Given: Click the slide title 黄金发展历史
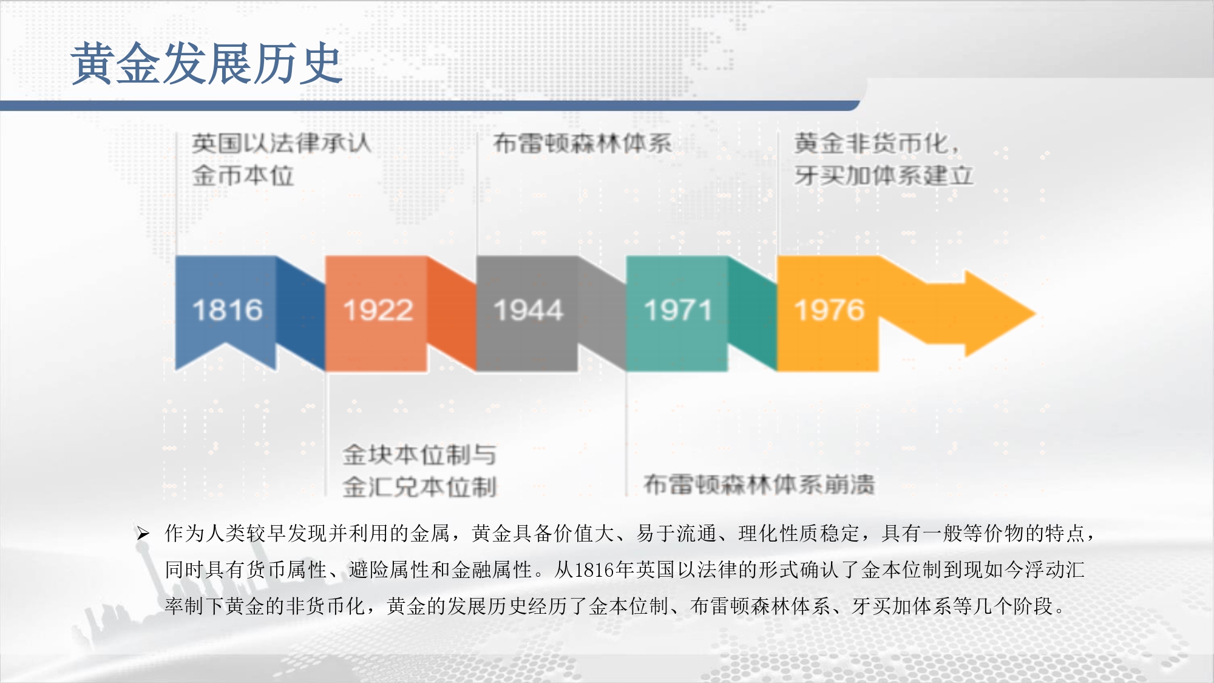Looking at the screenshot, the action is (x=206, y=63).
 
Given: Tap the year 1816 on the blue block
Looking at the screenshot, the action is (x=228, y=310).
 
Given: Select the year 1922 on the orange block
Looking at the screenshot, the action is (x=378, y=310).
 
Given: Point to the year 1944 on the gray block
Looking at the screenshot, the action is (x=529, y=310).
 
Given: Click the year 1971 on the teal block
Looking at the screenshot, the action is (x=678, y=310).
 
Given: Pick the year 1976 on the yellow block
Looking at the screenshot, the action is (x=829, y=310).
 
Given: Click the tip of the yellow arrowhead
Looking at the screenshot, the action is (x=1035, y=314).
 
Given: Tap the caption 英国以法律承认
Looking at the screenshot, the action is (x=282, y=144).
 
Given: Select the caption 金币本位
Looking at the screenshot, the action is (x=243, y=176).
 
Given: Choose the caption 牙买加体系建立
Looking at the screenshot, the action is (x=884, y=176).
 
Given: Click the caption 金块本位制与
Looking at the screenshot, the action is (x=419, y=455).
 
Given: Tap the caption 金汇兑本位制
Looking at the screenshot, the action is (x=419, y=487).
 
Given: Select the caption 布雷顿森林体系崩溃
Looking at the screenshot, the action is (x=759, y=484).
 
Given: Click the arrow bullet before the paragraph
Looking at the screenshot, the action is (x=143, y=534).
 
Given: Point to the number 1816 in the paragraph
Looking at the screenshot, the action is (x=594, y=570).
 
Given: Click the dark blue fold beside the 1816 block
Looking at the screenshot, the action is (x=300, y=313).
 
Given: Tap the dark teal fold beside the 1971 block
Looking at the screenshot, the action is (x=752, y=313).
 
